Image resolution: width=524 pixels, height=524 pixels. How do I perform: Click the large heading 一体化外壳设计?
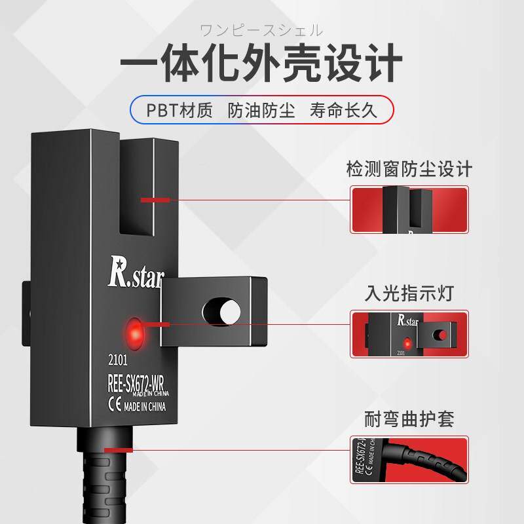(261, 63)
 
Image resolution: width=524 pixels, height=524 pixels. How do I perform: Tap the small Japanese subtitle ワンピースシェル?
(261, 30)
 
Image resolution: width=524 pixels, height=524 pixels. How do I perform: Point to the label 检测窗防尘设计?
(409, 170)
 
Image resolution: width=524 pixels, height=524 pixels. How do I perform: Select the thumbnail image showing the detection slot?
(409, 210)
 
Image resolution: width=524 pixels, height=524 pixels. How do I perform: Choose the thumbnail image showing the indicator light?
(409, 334)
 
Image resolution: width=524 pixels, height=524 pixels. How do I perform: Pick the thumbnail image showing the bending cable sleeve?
(409, 460)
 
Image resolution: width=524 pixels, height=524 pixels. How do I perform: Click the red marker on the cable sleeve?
(118, 450)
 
